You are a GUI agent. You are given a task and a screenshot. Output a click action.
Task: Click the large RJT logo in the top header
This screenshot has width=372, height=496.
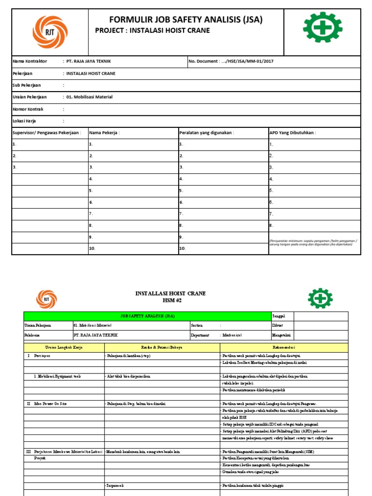point(50,31)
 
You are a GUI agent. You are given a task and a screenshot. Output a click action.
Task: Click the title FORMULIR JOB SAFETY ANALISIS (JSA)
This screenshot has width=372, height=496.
point(186,20)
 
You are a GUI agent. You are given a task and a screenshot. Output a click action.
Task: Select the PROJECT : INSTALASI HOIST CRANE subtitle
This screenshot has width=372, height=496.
point(153,31)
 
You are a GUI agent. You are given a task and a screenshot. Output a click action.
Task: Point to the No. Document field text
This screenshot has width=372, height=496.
point(224,62)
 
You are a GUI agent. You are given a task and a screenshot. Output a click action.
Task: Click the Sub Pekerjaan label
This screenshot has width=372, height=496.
point(27,85)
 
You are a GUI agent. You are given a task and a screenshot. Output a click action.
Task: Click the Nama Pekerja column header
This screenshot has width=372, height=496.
point(104,133)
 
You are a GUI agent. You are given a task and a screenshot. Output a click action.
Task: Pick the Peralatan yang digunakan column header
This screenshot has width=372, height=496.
point(207,133)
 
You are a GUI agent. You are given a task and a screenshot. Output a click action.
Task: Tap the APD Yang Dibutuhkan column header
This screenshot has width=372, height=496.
point(293,133)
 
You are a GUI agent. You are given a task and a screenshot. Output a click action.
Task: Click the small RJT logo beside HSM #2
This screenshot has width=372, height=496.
point(46,299)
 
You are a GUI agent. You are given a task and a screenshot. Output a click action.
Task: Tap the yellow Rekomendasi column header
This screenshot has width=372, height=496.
point(284,347)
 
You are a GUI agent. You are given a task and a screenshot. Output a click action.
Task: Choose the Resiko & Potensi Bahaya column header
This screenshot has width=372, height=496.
point(162,347)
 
